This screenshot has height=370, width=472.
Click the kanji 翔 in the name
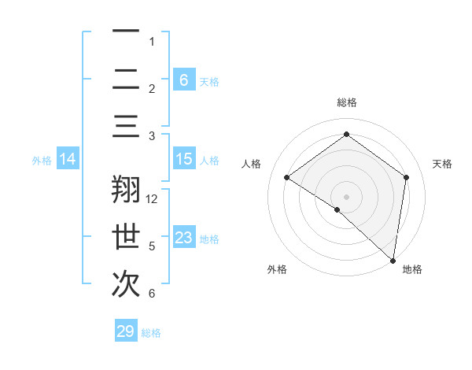126,190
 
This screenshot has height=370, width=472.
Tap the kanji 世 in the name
126,237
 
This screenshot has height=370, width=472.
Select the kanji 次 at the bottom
126,284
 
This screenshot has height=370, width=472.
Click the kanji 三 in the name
126,127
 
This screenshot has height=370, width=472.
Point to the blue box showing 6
183,80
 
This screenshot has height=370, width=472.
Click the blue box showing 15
183,159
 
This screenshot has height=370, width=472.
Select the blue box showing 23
183,238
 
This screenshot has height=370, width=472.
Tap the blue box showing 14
68,160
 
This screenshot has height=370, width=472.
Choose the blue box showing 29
125,331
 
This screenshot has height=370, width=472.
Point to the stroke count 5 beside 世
152,246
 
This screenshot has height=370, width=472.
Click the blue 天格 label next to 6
209,81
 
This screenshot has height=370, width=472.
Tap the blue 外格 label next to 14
42,161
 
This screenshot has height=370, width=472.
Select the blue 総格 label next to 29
152,333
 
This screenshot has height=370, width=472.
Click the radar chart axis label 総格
347,102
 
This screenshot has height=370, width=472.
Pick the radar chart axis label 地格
412,269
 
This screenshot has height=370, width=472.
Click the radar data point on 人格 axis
287,178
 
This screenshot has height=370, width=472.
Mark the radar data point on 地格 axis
393,260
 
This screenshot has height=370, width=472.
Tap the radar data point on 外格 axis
337,209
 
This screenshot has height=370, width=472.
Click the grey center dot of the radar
347,196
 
